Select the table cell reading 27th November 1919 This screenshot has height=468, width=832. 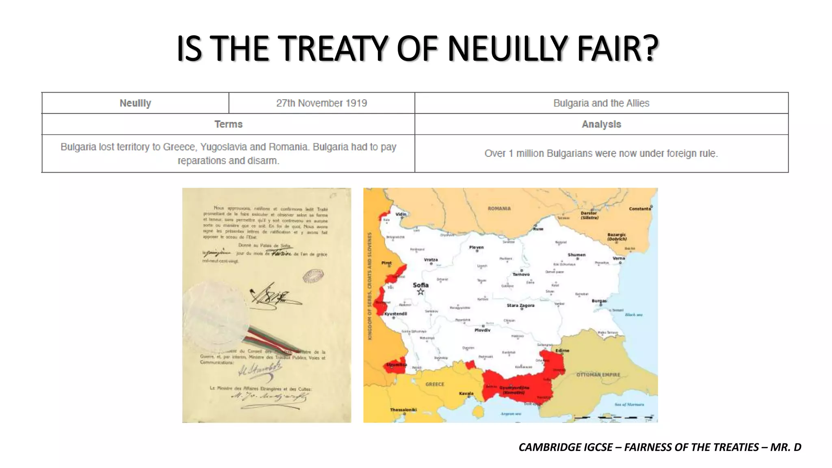[321, 103]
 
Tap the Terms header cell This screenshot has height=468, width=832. [228, 124]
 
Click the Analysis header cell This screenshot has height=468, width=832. [601, 124]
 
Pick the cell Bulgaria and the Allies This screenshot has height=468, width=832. [601, 103]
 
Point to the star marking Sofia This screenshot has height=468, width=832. [420, 292]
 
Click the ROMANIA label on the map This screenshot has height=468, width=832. [499, 208]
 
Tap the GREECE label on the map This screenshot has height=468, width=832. [435, 384]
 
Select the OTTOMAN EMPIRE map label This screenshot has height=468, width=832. [598, 375]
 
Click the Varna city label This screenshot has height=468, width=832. [619, 258]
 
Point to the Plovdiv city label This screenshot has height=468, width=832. [482, 330]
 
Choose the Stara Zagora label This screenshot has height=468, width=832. [520, 305]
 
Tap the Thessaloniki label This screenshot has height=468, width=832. [403, 409]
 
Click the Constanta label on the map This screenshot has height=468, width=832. [640, 209]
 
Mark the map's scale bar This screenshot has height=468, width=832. [613, 417]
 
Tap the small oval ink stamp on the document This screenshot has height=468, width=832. [313, 276]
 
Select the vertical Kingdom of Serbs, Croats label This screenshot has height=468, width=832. [370, 286]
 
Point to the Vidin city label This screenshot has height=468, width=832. [401, 214]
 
